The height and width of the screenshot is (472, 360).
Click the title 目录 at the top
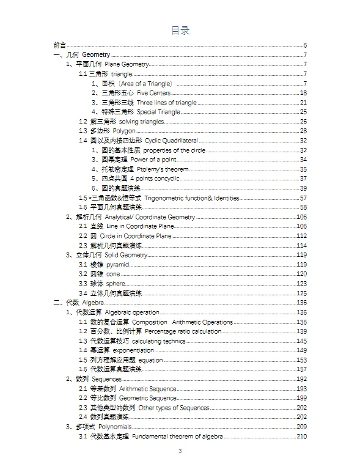(x=180, y=31)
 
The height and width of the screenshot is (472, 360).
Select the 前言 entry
(x=60, y=46)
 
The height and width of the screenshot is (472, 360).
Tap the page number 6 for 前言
(x=304, y=46)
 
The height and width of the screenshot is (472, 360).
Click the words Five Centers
(x=154, y=93)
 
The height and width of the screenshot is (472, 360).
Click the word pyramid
(x=118, y=265)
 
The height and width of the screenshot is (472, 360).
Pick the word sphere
(x=116, y=284)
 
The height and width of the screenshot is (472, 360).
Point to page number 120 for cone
(x=301, y=274)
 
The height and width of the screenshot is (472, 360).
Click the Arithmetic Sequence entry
(x=147, y=389)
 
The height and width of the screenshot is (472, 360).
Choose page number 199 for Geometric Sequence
(x=301, y=398)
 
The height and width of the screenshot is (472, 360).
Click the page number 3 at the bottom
(x=180, y=451)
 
